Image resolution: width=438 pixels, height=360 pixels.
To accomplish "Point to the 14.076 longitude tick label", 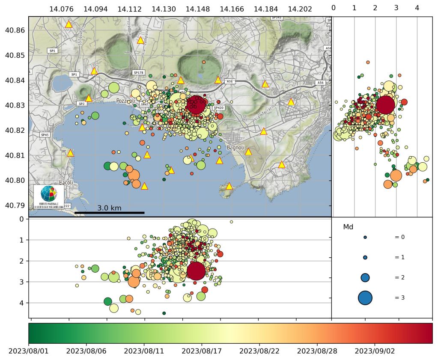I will coord(61,9).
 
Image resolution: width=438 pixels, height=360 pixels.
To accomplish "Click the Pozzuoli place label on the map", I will coord(125,101).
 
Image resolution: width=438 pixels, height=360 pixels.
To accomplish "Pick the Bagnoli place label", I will coord(235,148).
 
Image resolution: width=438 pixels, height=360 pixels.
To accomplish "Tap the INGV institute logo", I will coord(49,197).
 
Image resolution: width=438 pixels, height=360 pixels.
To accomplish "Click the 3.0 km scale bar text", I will coord(109,208).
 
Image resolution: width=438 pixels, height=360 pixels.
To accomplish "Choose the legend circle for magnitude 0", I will coord(365,237).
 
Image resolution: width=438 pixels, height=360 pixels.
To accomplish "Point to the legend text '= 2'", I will coord(399,277).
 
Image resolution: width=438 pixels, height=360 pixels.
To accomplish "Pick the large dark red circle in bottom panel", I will coord(196,271).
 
